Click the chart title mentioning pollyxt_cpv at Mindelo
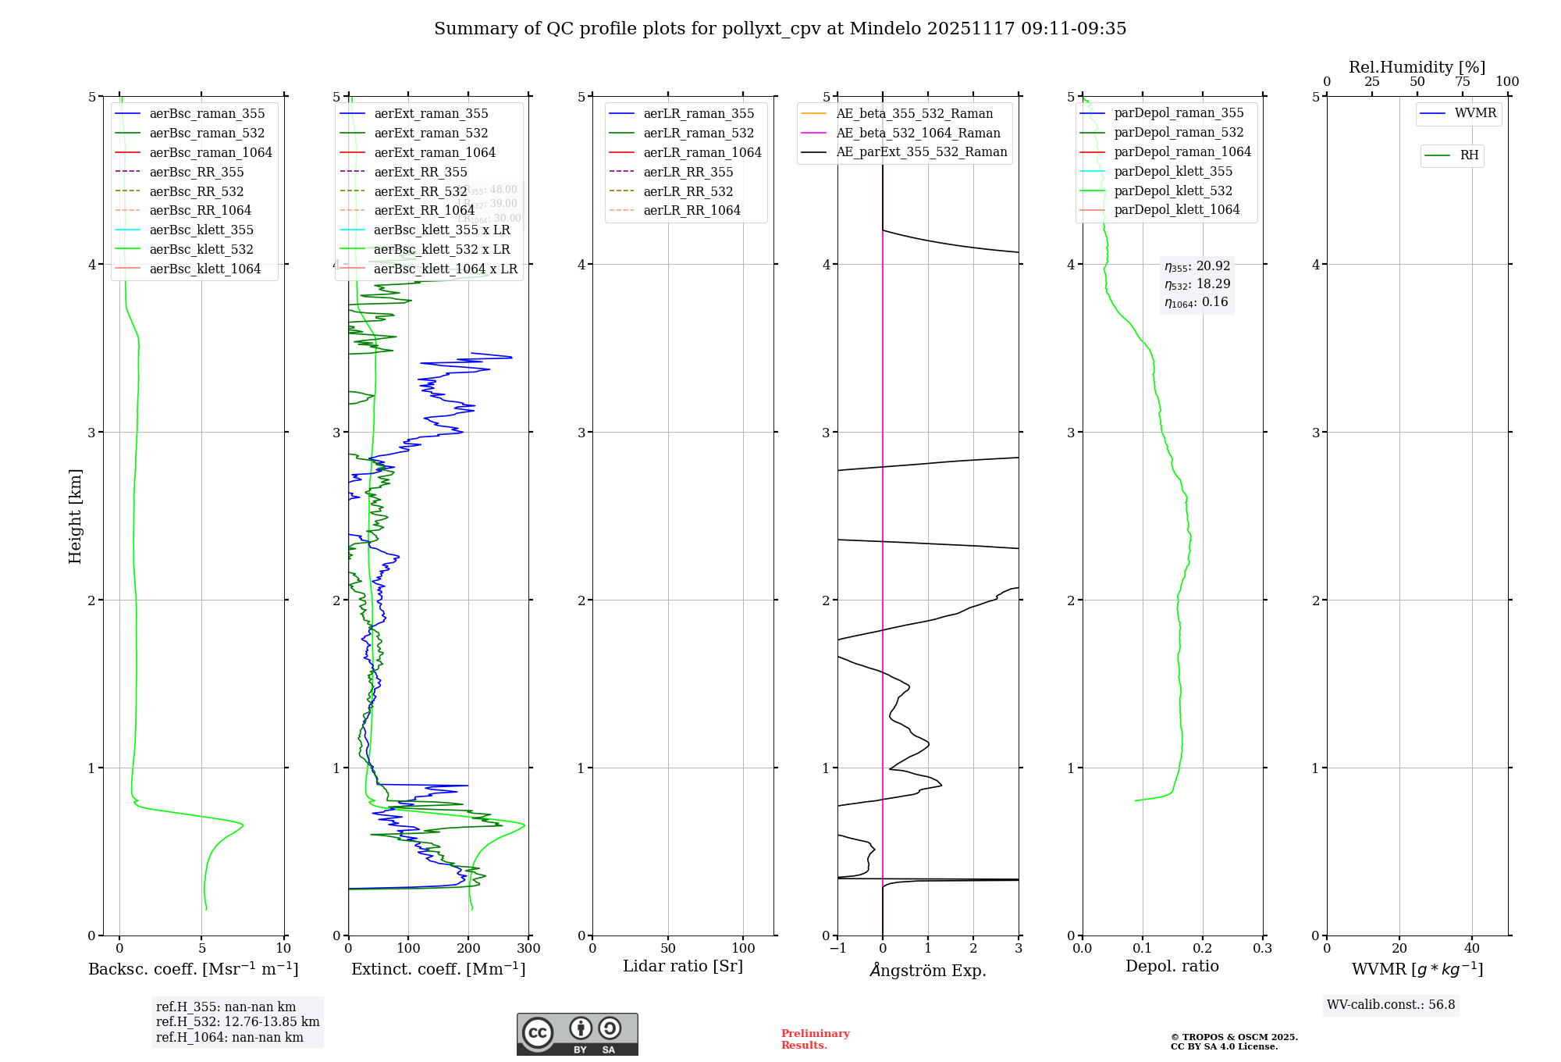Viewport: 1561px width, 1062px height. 780,29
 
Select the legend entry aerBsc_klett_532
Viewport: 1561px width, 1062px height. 201,249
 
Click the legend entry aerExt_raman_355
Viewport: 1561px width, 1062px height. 431,113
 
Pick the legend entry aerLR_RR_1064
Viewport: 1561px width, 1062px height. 692,210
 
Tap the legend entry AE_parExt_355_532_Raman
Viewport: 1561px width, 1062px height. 921,151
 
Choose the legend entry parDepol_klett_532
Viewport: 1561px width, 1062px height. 1173,191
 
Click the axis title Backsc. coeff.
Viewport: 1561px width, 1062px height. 193,969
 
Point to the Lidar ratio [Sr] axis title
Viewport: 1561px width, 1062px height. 683,966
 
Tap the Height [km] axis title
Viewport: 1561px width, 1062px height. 75,515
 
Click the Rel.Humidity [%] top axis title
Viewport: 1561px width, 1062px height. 1417,67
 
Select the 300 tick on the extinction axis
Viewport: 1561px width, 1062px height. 528,949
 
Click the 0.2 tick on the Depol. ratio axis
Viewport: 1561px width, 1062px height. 1203,949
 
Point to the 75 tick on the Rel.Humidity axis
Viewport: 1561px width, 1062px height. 1463,82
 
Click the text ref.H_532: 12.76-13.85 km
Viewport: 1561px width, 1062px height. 237,1022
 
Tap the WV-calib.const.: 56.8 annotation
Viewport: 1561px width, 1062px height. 1391,1005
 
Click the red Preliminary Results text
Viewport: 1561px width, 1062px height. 815,1039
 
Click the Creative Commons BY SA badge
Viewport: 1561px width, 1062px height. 577,1034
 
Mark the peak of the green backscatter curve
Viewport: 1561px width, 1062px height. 243,825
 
